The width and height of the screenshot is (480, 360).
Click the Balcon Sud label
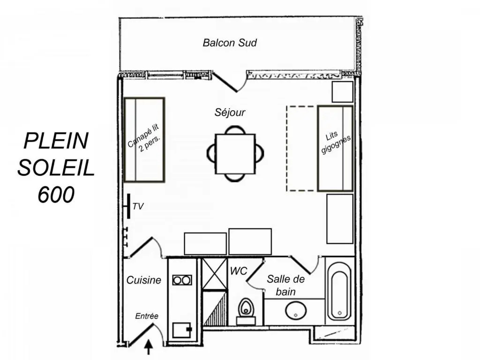pyautogui.click(x=230, y=43)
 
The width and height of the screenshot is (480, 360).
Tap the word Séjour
pyautogui.click(x=230, y=112)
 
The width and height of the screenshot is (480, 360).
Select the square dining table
pyautogui.click(x=235, y=154)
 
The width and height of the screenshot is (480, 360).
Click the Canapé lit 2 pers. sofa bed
pyautogui.click(x=144, y=140)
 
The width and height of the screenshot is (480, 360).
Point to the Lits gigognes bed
pyautogui.click(x=336, y=149)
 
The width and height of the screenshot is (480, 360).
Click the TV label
pyautogui.click(x=138, y=206)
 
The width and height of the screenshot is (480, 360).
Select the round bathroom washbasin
pyautogui.click(x=296, y=310)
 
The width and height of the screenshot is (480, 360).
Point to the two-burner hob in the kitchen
pyautogui.click(x=182, y=280)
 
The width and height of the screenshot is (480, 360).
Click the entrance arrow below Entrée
pyautogui.click(x=149, y=347)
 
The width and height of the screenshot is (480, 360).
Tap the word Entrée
pyautogui.click(x=147, y=316)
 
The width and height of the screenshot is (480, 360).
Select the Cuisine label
pyautogui.click(x=143, y=280)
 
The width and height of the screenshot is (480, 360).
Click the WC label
pyautogui.click(x=239, y=271)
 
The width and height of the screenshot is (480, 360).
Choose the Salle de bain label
pyautogui.click(x=286, y=285)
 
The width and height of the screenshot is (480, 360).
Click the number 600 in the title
pyautogui.click(x=56, y=195)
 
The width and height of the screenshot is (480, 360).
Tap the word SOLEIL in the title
pyautogui.click(x=56, y=168)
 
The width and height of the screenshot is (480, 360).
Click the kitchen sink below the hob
pyautogui.click(x=182, y=330)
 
